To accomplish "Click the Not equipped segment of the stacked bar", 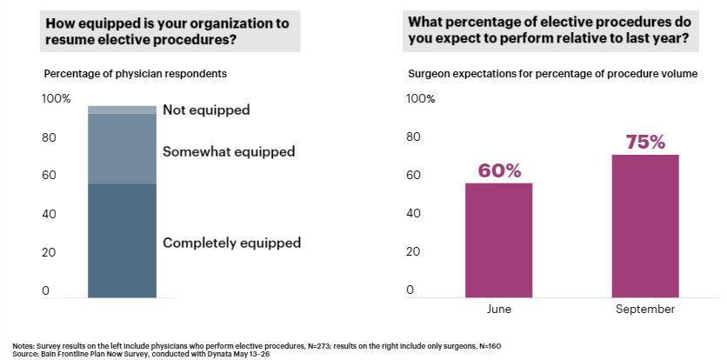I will pos(122,110).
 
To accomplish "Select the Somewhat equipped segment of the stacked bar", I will pos(122,149).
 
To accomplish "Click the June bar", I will pos(498,240).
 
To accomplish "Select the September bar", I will pos(645,226).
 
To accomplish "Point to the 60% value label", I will pos(499,170).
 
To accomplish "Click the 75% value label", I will pos(645,142).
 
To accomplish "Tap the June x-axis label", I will pos(498,309).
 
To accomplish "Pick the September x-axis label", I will pos(645,309).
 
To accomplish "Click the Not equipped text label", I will pos(206,110).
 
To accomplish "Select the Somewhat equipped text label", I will pos(229,151).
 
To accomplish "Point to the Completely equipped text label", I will pos(231,243).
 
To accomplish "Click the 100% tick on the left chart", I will pos(57,98).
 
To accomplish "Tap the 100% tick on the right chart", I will pos(421,98).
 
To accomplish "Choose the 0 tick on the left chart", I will pos(46,291).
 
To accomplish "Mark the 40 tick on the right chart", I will pos(414,213).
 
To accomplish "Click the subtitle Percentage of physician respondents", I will pos(135,74).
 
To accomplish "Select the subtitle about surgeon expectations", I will pos(553,74).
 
